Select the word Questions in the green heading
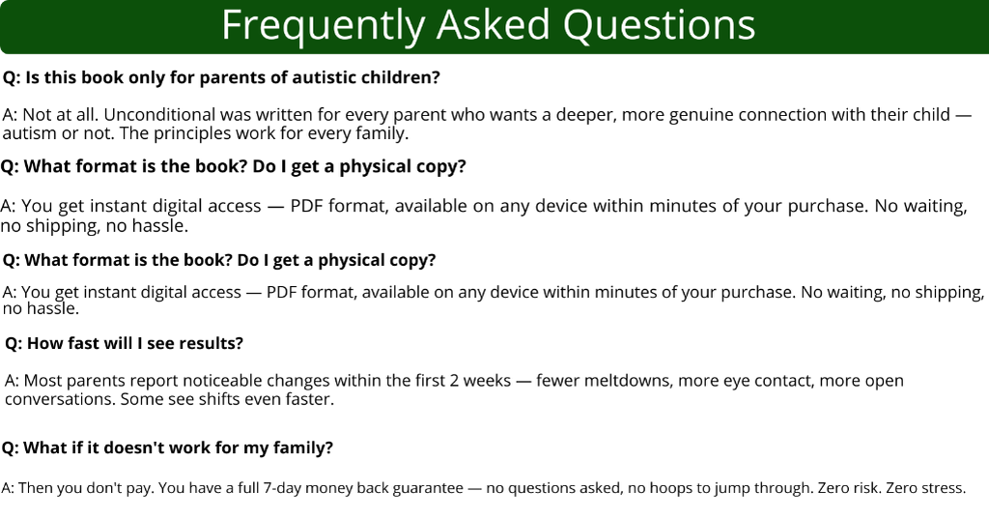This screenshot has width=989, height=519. click(659, 26)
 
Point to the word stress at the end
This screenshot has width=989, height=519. click(943, 488)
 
